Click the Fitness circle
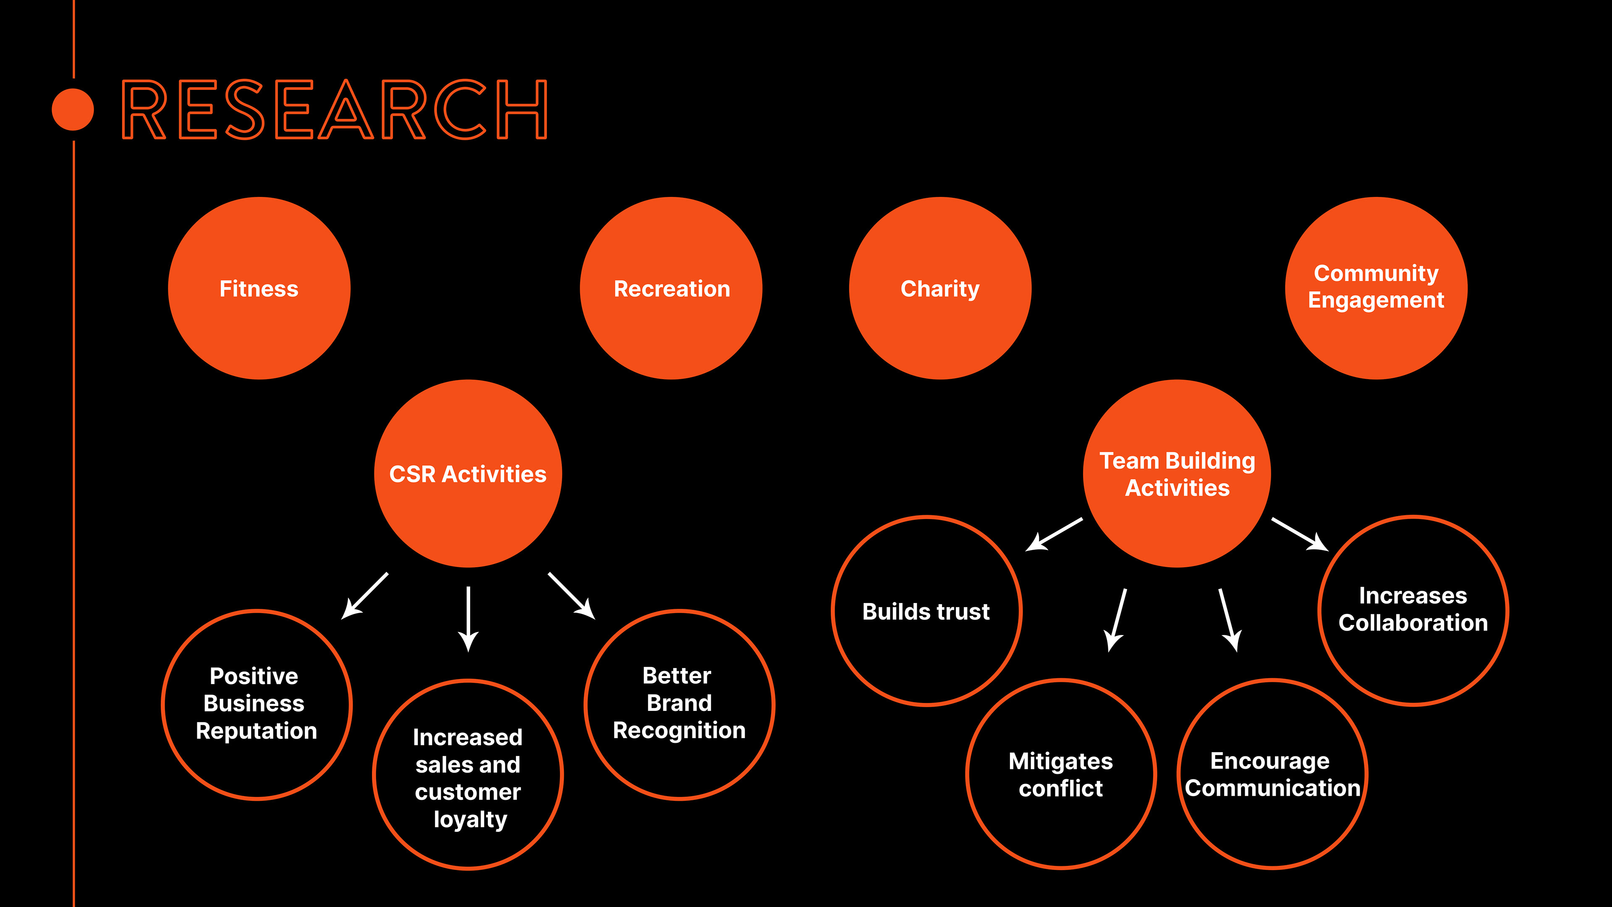click(x=259, y=288)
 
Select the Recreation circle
click(x=671, y=288)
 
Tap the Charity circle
click(x=940, y=288)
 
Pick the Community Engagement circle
click(x=1376, y=288)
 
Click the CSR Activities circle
click(x=468, y=474)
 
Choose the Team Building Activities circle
click(x=1177, y=474)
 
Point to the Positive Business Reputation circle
click(x=256, y=704)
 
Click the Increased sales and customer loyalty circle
click(x=468, y=774)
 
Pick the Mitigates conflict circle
click(x=1061, y=774)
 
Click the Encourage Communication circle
click(x=1272, y=774)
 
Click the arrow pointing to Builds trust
click(x=1055, y=534)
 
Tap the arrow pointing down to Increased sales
click(x=468, y=619)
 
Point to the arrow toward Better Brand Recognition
click(x=571, y=595)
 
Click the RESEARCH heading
click(x=335, y=110)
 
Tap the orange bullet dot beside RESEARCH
click(x=73, y=110)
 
